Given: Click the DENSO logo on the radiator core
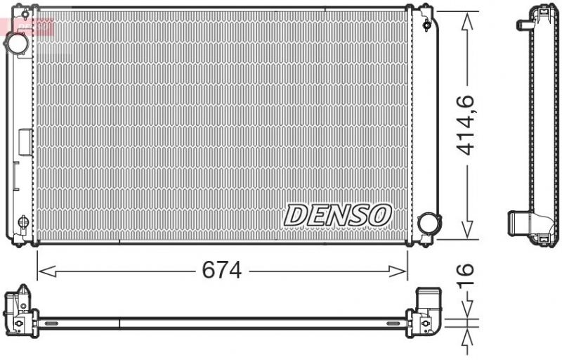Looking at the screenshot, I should point(336,214).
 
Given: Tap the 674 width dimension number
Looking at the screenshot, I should point(221,270).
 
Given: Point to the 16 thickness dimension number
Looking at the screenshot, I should point(466,277).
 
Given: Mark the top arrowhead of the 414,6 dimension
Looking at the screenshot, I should point(466,15).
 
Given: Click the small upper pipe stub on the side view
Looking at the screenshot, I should point(524,25).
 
